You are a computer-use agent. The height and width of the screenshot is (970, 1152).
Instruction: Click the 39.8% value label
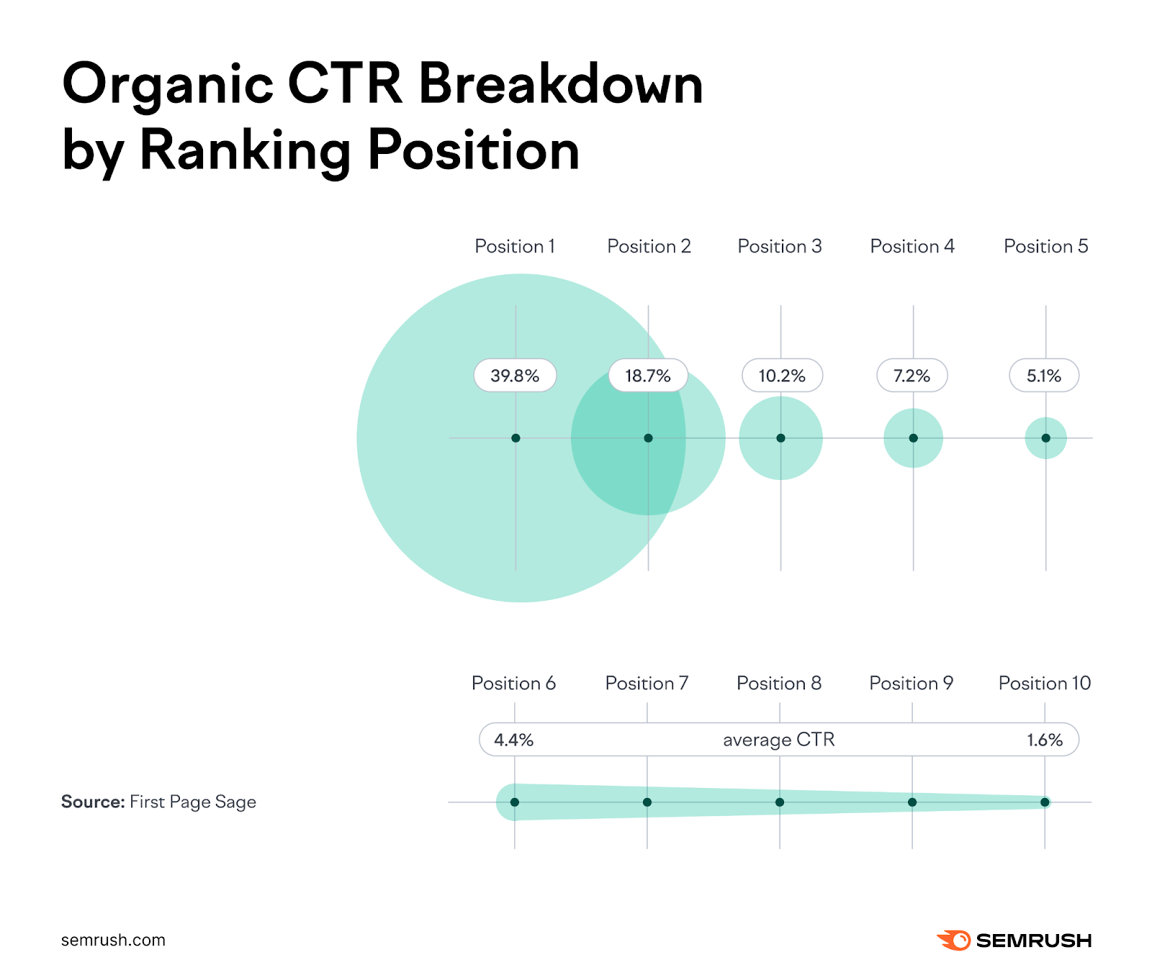tap(515, 376)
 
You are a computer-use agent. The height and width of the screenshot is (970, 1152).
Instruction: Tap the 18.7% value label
tap(647, 376)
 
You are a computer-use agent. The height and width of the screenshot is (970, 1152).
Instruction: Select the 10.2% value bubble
tap(782, 376)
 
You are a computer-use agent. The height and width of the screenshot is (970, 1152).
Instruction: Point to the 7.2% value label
tap(912, 376)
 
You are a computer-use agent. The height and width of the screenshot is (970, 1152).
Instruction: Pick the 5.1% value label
tap(1043, 376)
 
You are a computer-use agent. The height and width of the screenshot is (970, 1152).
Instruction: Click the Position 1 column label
tap(515, 247)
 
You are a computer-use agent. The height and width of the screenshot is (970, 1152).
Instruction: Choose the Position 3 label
tap(780, 247)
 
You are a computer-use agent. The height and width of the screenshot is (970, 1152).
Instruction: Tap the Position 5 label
tap(1045, 247)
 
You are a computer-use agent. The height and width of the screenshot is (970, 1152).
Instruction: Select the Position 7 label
tap(647, 683)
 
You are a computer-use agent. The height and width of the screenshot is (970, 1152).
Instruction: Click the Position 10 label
tap(1044, 683)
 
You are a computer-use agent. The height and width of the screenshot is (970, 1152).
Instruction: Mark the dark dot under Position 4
tap(913, 438)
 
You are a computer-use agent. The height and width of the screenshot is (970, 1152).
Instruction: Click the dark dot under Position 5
tap(1045, 438)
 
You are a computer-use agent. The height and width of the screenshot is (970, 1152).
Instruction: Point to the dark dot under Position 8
tap(780, 802)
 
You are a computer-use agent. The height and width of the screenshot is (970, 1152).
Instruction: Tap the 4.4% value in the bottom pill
tap(513, 740)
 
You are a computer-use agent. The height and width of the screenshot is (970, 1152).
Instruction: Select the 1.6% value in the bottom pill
tap(1044, 740)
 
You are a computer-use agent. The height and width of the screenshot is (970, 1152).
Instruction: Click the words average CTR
tap(778, 740)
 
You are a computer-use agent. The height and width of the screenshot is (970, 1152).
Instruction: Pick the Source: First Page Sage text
tap(158, 802)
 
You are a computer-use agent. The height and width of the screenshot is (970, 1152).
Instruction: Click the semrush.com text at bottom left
tap(113, 940)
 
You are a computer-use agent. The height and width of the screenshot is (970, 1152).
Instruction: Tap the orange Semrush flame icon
tap(954, 940)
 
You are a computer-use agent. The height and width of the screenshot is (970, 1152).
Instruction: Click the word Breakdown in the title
tap(560, 84)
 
